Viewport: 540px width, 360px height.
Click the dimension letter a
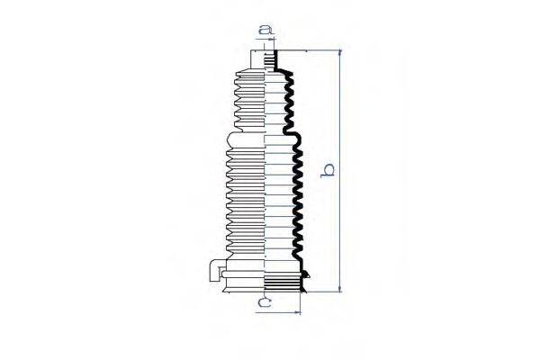pos(265,31)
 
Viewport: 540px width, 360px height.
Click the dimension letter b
pos(328,170)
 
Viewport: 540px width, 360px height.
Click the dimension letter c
pos(265,302)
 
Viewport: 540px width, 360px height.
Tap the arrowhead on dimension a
pos(274,40)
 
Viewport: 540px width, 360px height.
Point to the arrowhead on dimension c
pos(298,312)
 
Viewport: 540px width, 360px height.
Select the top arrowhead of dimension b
pos(340,53)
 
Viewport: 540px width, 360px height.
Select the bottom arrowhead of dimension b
pos(340,289)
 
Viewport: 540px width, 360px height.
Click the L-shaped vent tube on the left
pos(215,269)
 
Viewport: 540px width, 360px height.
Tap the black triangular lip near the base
pos(306,274)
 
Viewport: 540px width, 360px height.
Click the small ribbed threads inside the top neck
pos(269,63)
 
